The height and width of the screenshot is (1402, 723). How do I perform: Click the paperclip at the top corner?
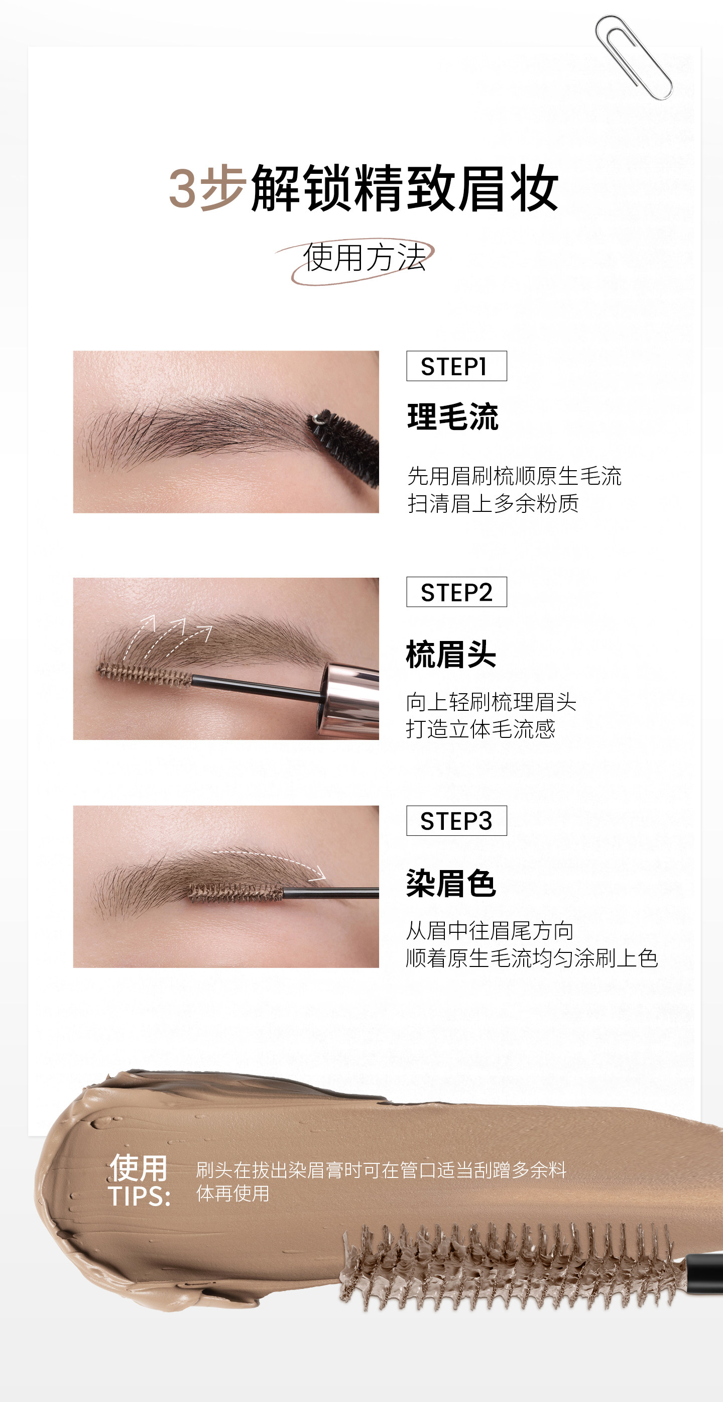[633, 57]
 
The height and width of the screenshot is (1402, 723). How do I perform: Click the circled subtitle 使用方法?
[364, 258]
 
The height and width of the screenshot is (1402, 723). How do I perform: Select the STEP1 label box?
[456, 366]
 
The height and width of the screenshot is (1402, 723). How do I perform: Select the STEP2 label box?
[456, 592]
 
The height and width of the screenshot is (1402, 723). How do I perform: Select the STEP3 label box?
[456, 821]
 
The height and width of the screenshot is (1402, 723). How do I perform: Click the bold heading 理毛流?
[452, 417]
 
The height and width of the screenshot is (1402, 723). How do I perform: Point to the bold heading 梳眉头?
[451, 654]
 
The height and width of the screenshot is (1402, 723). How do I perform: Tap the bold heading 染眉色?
[451, 883]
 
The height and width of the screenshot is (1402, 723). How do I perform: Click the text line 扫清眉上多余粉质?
[493, 503]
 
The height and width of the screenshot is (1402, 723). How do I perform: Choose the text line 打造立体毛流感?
[480, 729]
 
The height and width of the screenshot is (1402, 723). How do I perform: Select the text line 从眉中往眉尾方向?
[490, 931]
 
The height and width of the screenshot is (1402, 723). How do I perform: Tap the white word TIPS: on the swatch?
[139, 1196]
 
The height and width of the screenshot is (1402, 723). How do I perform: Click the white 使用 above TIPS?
[138, 1168]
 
